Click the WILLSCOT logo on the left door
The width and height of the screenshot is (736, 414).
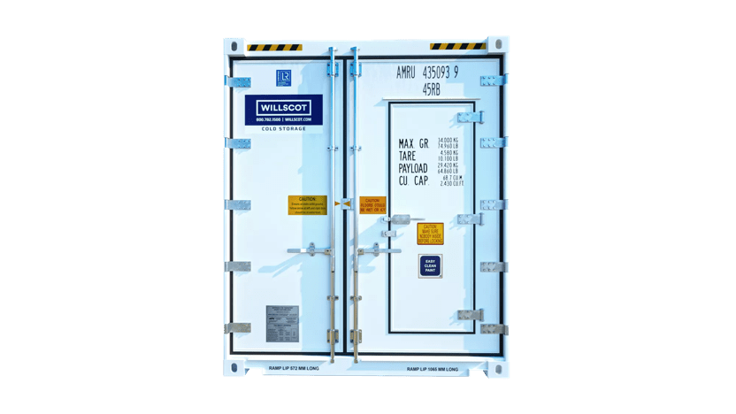(x=283, y=109)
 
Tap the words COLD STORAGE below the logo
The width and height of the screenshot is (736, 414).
(x=283, y=129)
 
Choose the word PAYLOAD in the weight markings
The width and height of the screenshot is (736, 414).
(x=413, y=168)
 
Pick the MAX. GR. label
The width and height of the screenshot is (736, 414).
(x=413, y=143)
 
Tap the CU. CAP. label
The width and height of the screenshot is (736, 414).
(x=413, y=181)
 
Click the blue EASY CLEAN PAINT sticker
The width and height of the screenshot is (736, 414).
(x=430, y=266)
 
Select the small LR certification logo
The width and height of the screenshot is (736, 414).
(x=284, y=77)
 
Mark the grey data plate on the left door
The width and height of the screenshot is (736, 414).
(x=282, y=323)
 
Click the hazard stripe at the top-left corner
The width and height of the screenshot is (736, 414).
(x=274, y=47)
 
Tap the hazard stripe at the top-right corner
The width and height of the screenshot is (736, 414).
(x=457, y=46)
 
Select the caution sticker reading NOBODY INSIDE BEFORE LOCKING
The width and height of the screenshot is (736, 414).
(x=430, y=234)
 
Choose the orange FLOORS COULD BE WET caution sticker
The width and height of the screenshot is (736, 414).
(x=372, y=205)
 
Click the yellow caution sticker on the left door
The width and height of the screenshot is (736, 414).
(x=307, y=205)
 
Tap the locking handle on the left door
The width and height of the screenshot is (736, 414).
(x=309, y=251)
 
